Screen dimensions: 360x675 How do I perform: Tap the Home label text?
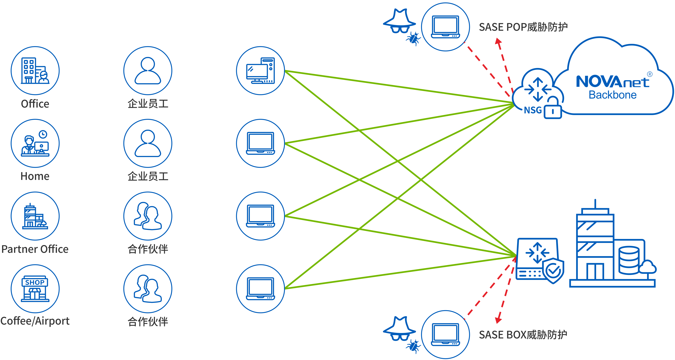point(35,176)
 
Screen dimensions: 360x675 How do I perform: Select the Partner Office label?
point(35,249)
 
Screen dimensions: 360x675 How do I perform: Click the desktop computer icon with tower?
point(261,70)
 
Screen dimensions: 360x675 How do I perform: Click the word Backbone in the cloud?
point(612,95)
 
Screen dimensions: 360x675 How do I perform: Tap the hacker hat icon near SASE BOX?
point(399,328)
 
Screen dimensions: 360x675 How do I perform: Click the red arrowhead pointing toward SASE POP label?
point(498,41)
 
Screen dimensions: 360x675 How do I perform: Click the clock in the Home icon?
point(43,134)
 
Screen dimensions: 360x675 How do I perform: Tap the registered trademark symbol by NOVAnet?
point(650,74)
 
